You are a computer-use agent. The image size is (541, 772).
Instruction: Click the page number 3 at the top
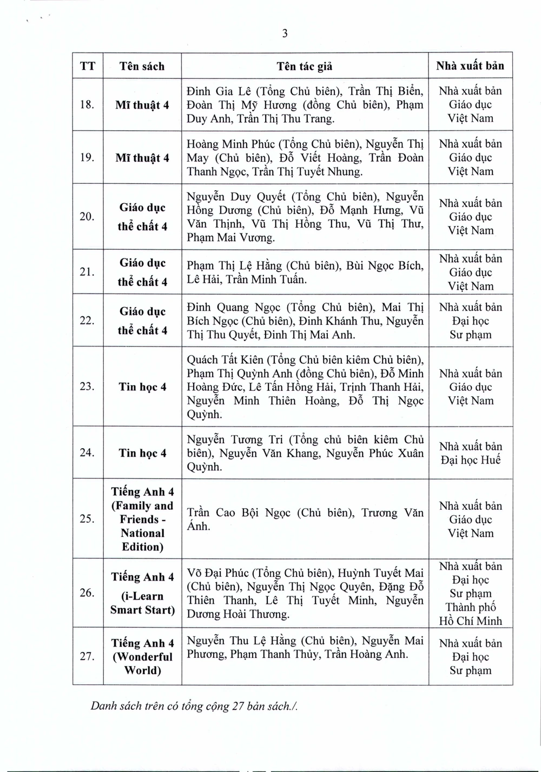285,34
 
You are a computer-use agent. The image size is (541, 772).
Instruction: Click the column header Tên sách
142,66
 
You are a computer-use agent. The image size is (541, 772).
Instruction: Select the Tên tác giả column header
305,66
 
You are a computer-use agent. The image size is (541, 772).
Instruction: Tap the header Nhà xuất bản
470,66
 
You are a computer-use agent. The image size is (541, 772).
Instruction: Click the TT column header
88,66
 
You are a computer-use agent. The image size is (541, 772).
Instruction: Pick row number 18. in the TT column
87,105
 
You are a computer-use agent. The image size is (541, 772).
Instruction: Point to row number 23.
87,387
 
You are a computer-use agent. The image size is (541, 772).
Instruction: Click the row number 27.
87,656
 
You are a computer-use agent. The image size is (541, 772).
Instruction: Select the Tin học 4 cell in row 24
142,453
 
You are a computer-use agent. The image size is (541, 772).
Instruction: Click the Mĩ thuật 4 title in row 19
142,158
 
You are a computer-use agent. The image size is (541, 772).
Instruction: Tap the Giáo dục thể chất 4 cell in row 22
142,321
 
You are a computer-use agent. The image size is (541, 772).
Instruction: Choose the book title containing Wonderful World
142,657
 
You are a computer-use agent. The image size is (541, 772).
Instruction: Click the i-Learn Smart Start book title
142,593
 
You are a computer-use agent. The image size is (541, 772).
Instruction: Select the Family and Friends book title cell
142,519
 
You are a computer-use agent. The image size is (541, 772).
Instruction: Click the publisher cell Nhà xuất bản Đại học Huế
470,453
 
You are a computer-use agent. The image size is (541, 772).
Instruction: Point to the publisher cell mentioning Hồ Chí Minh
470,594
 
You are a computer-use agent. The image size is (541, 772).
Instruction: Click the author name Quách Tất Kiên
223,360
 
